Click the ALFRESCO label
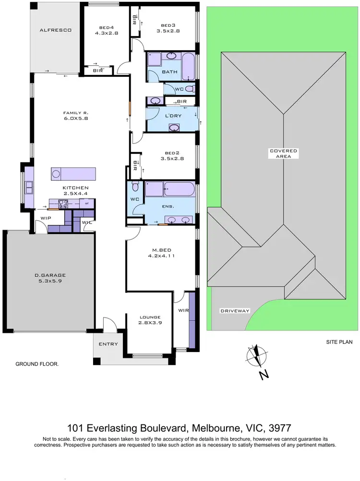[55, 30]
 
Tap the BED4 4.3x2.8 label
[106, 30]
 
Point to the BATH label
[170, 72]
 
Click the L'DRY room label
[172, 117]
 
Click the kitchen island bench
[73, 173]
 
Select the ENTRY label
[108, 344]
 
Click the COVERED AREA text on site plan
[283, 153]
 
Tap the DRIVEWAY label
[235, 311]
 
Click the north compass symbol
[258, 357]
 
